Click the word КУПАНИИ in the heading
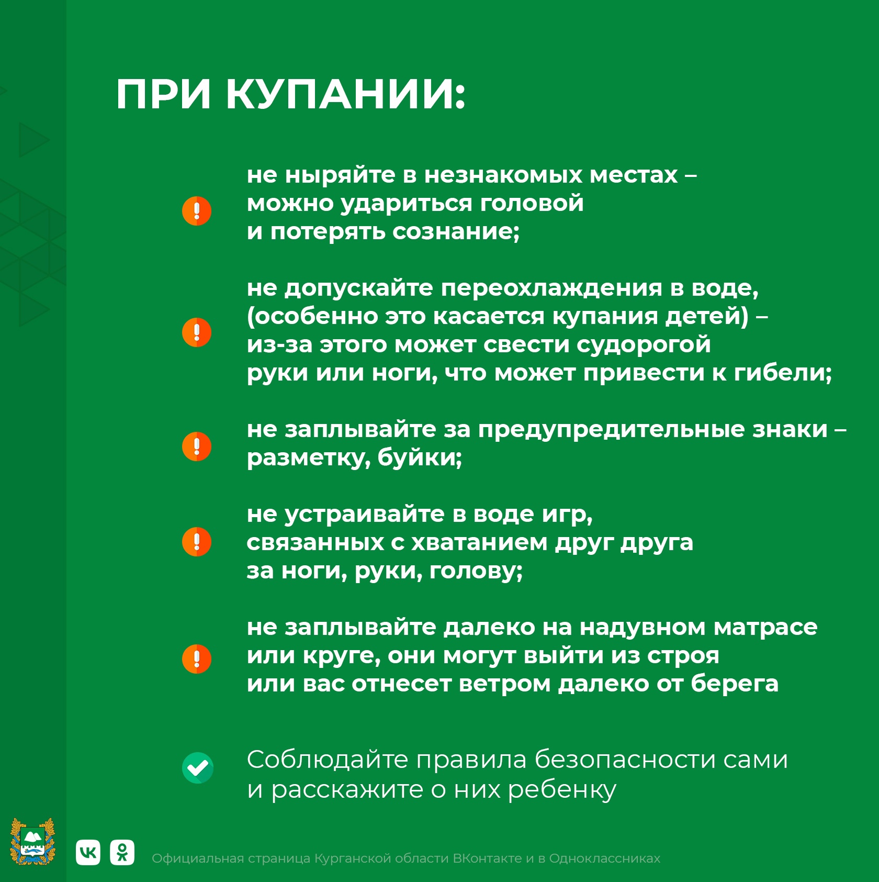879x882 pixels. (x=345, y=95)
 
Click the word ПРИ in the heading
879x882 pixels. (x=163, y=95)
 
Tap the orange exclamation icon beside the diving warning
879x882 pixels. (x=197, y=211)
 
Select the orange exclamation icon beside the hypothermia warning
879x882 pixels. (x=197, y=332)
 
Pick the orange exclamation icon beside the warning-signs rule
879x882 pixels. (x=197, y=446)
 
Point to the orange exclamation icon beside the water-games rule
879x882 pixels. (x=197, y=542)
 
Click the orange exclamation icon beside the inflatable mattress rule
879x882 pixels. (x=197, y=659)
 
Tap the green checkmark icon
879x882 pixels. (x=198, y=768)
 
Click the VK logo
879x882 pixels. (x=88, y=853)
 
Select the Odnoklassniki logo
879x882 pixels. (x=122, y=853)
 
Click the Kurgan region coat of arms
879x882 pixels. (x=33, y=841)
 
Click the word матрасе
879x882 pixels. (x=765, y=627)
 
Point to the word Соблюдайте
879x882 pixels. (x=327, y=760)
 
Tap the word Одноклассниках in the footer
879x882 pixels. (x=604, y=858)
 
